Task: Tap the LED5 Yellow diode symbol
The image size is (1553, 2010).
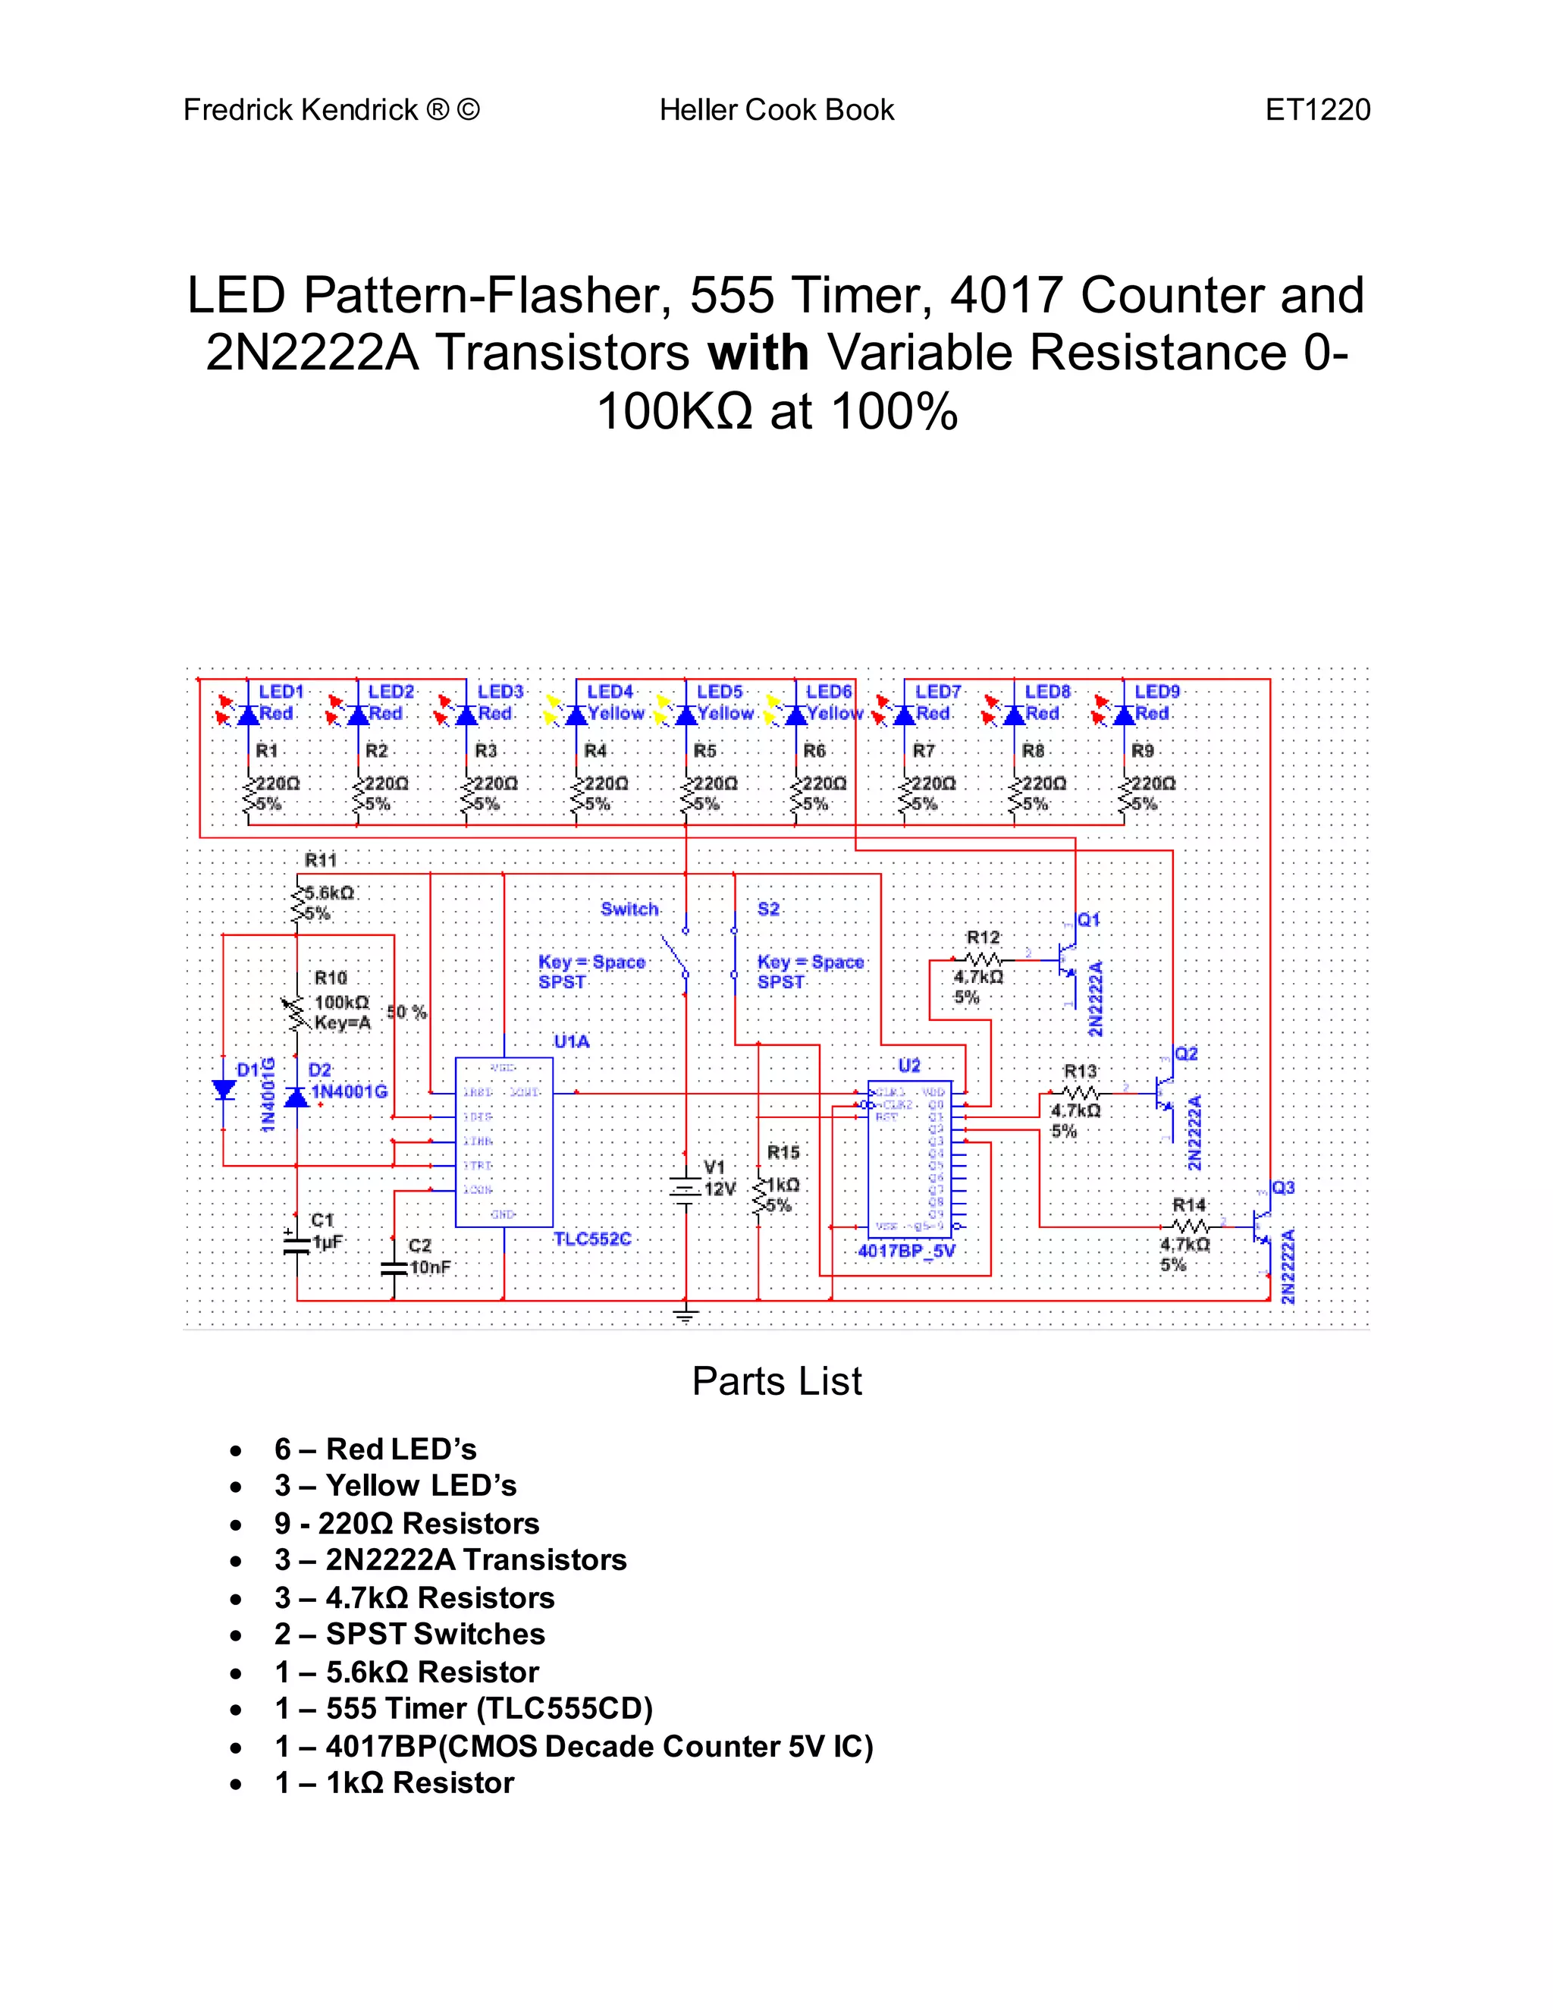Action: [686, 715]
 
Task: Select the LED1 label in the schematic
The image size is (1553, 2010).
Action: [281, 691]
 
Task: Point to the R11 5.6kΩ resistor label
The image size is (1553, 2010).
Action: [321, 861]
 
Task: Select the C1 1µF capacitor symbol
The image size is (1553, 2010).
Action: [296, 1243]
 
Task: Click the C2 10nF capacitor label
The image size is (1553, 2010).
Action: [420, 1246]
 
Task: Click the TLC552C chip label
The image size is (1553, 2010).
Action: [591, 1239]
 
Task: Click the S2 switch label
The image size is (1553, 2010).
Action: [768, 909]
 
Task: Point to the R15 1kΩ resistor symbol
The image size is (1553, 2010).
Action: [759, 1195]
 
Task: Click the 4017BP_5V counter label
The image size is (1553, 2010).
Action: [906, 1251]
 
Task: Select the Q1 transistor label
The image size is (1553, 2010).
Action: [1088, 920]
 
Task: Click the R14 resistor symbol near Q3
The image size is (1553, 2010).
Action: [1190, 1226]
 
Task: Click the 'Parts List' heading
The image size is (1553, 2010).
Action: [776, 1381]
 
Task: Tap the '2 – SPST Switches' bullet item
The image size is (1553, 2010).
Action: [409, 1635]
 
